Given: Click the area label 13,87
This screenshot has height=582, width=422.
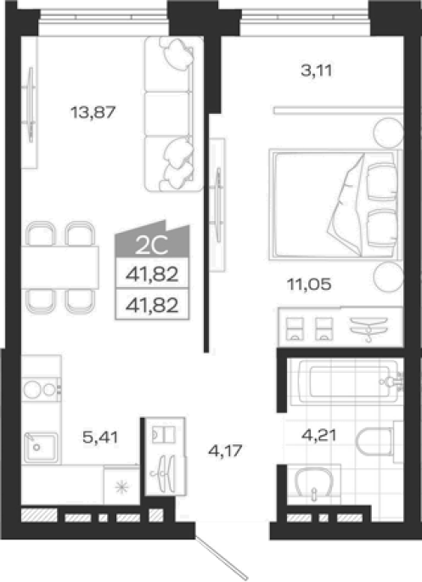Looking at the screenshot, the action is pyautogui.click(x=93, y=111).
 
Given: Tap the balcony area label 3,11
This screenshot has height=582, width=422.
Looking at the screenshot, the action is pyautogui.click(x=317, y=71).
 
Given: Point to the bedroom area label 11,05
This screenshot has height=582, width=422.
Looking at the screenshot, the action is pyautogui.click(x=309, y=285).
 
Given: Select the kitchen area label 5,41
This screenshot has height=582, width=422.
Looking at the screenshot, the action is pyautogui.click(x=100, y=437).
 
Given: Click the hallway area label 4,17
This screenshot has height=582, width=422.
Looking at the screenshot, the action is pyautogui.click(x=225, y=450).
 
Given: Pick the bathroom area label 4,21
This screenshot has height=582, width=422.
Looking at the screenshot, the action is pyautogui.click(x=319, y=435).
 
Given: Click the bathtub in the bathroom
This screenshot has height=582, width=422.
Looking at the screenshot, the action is pyautogui.click(x=349, y=381).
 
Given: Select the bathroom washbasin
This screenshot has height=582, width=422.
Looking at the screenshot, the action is pyautogui.click(x=314, y=482).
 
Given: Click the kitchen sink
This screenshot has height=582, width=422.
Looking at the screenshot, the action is pyautogui.click(x=41, y=447).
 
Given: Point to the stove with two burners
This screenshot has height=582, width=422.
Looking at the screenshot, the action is pyautogui.click(x=41, y=389).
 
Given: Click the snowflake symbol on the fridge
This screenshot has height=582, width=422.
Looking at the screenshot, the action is pyautogui.click(x=121, y=487).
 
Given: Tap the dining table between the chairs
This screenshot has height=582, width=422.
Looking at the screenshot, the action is pyautogui.click(x=60, y=268).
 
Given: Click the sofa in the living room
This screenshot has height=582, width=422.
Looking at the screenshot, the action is pyautogui.click(x=174, y=114).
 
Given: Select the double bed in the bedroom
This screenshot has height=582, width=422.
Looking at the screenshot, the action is pyautogui.click(x=335, y=205).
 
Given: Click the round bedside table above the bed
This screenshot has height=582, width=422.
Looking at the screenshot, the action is pyautogui.click(x=388, y=133).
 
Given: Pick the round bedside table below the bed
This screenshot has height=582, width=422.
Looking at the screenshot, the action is pyautogui.click(x=388, y=277).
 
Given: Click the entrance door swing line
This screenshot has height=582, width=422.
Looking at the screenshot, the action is pyautogui.click(x=222, y=558).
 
